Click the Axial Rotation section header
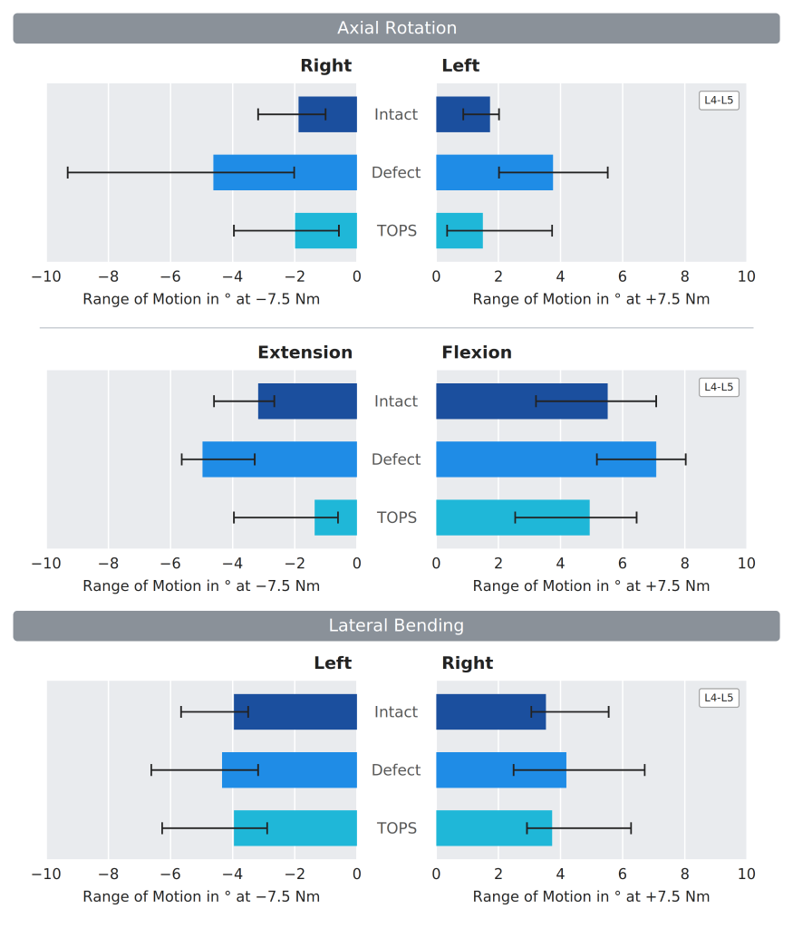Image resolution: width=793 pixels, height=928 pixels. [397, 28]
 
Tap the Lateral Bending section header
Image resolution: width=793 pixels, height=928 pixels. [397, 625]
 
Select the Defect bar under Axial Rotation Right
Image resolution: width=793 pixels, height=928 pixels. [285, 172]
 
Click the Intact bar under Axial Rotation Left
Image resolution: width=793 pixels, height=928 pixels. [463, 114]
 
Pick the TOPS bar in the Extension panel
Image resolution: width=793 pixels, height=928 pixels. [335, 517]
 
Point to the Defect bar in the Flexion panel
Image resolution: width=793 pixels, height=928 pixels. [546, 459]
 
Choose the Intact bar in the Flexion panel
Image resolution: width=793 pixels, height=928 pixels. [522, 401]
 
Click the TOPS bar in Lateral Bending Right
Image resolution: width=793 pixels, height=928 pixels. [494, 828]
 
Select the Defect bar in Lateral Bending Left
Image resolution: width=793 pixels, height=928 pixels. [289, 770]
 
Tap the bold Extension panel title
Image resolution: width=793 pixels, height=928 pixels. [305, 353]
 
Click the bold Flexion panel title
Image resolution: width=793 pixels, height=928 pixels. [477, 353]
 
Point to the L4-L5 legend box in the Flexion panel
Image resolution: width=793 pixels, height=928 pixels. [719, 387]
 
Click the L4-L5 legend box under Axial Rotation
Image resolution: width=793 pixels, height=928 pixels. [719, 100]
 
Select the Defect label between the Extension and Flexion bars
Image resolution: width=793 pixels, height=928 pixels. [396, 459]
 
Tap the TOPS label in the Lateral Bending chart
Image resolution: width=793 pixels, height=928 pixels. [397, 828]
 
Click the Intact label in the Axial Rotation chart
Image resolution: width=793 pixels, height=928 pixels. [396, 114]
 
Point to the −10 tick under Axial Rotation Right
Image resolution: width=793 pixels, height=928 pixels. [46, 276]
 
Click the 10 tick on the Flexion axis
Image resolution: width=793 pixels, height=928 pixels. [746, 564]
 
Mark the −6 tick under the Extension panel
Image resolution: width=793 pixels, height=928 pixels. [170, 564]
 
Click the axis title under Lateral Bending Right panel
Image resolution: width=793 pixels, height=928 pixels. [591, 896]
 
